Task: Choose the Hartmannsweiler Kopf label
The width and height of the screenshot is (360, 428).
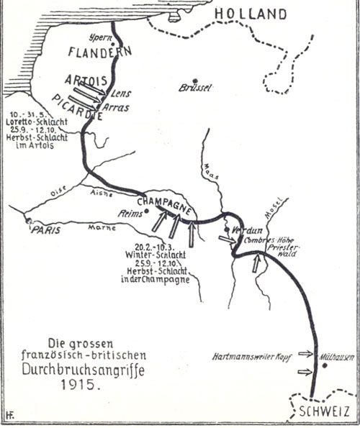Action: pos(253,355)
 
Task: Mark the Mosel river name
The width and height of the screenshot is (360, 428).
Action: pos(274,207)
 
